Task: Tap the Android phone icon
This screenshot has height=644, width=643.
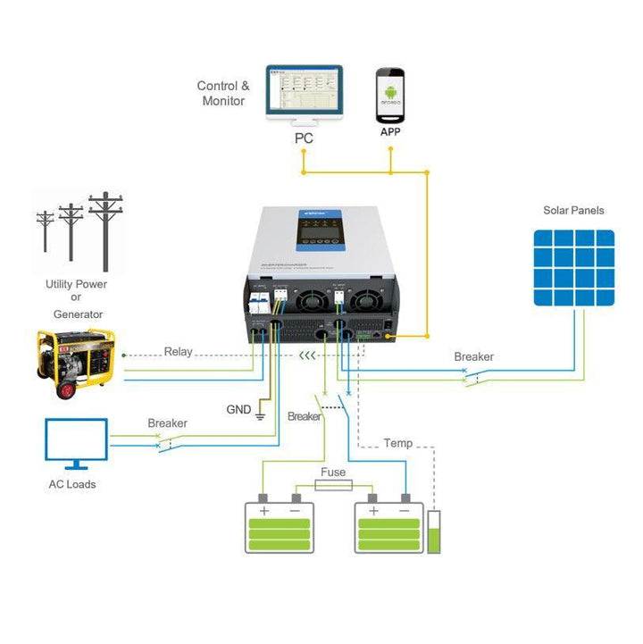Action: point(390,95)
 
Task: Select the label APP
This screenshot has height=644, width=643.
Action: point(390,132)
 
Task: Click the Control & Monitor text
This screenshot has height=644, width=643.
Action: point(223,94)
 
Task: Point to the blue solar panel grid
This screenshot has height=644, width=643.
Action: point(574,268)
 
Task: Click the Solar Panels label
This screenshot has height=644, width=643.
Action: point(573,211)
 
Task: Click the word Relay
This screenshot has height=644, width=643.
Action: point(178,352)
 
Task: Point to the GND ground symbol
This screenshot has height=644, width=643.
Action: point(261,415)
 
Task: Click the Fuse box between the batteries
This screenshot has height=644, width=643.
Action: point(333,485)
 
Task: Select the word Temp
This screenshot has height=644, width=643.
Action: point(397,443)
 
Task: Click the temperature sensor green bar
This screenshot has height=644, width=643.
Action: point(435,539)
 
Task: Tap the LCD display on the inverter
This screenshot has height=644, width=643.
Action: point(320,231)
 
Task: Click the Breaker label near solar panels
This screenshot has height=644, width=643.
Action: point(473,357)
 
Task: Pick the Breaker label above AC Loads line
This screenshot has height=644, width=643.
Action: point(167,423)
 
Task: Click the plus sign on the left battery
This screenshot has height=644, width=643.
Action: point(264,511)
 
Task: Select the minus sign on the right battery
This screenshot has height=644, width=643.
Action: point(405,511)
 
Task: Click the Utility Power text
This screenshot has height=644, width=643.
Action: point(76,284)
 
